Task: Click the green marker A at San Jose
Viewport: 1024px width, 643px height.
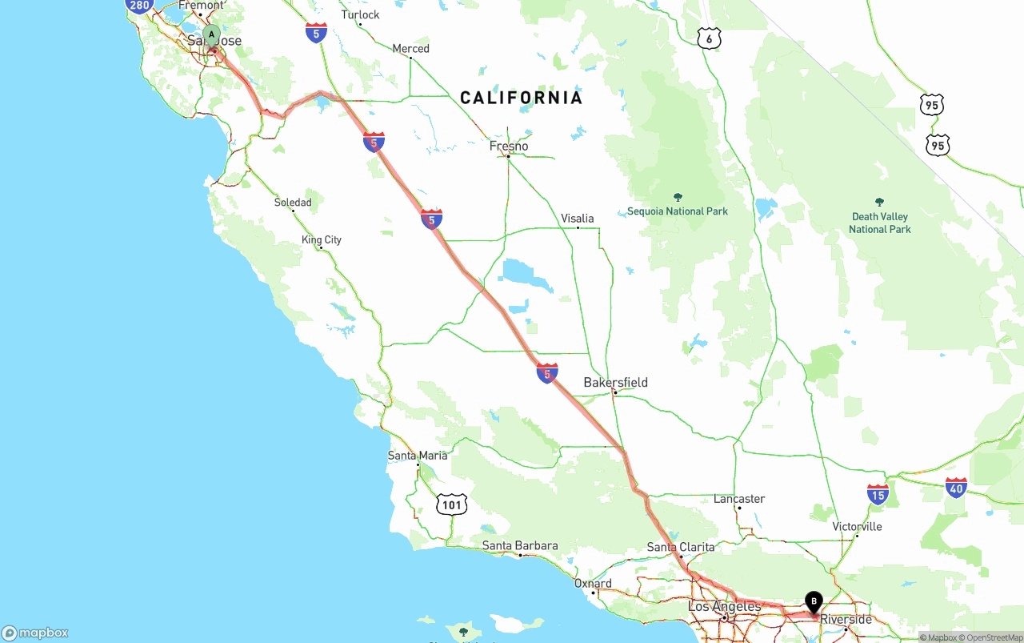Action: point(211,36)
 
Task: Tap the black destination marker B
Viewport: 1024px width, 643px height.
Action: point(814,601)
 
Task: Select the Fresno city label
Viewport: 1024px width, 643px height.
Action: point(509,147)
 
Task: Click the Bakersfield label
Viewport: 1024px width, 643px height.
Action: point(615,383)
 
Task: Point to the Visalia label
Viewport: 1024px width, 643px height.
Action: point(577,219)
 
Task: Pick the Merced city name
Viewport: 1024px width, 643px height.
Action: point(410,49)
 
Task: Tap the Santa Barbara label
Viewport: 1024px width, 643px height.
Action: point(520,546)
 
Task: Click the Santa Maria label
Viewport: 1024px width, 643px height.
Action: point(418,456)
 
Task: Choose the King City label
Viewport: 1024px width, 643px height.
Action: point(322,239)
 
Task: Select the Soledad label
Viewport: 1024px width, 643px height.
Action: point(293,203)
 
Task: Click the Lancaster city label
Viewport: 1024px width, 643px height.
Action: point(739,499)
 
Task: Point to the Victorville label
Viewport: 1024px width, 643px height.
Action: point(857,527)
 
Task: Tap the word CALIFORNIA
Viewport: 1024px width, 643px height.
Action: point(521,98)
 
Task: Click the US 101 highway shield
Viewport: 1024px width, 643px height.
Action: point(452,504)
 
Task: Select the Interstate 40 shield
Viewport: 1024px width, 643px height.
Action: point(956,487)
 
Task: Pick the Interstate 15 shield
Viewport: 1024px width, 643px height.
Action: point(878,494)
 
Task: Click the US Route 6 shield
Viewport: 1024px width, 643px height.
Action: point(709,38)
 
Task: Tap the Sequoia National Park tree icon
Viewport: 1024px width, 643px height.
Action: point(678,198)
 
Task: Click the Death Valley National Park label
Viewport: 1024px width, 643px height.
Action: point(880,223)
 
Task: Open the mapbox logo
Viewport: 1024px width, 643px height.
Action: point(35,633)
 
